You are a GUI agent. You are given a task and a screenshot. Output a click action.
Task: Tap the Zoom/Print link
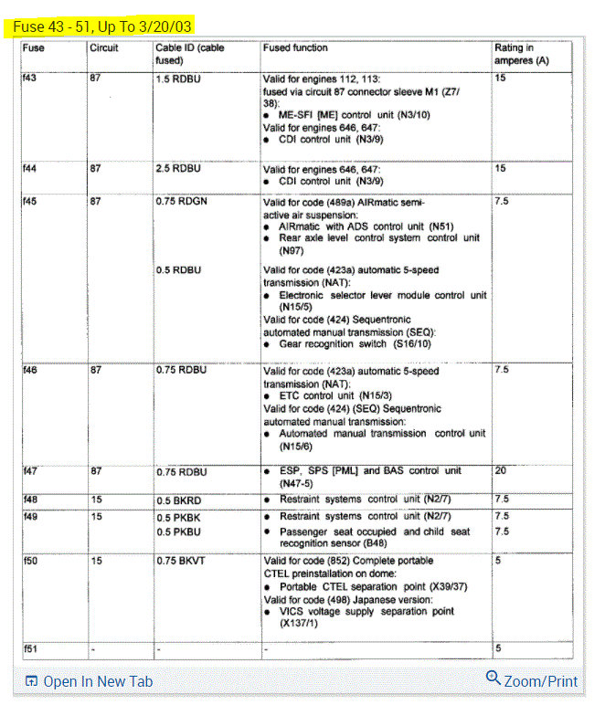click(x=532, y=680)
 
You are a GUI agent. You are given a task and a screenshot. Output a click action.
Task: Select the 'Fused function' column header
click(x=295, y=47)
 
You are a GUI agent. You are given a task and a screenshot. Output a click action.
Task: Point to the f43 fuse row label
click(x=31, y=79)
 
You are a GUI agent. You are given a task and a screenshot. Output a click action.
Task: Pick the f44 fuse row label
click(x=31, y=169)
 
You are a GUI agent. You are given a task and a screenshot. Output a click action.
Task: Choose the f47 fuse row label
click(x=31, y=472)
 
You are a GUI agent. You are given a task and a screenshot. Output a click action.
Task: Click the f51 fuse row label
click(x=31, y=647)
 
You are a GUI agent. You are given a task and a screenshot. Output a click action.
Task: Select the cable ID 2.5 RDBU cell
click(x=177, y=169)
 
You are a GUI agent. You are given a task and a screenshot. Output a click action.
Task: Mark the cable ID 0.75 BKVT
click(x=180, y=561)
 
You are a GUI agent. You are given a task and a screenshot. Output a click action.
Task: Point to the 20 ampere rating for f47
click(x=501, y=471)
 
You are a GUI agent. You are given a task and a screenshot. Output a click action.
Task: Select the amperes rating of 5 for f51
click(x=498, y=647)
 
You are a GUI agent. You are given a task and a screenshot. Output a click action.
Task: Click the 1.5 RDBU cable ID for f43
click(x=177, y=79)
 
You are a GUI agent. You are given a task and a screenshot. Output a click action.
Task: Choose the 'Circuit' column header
click(x=104, y=47)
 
